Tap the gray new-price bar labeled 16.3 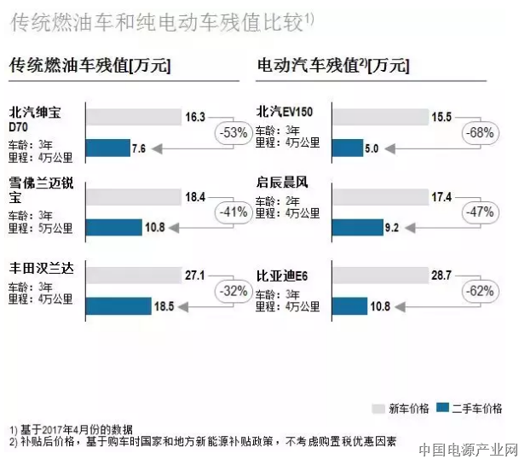pyautogui.click(x=134, y=116)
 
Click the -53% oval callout pyautogui.click(x=232, y=132)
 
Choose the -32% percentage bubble pyautogui.click(x=232, y=290)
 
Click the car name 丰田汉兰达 pyautogui.click(x=42, y=269)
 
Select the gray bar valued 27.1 pyautogui.click(x=142, y=275)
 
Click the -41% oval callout pyautogui.click(x=232, y=212)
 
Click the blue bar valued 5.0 pyautogui.click(x=348, y=148)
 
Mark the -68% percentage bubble pyautogui.click(x=480, y=132)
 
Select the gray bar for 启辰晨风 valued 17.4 pyautogui.click(x=380, y=197)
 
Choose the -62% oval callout pyautogui.click(x=480, y=290)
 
